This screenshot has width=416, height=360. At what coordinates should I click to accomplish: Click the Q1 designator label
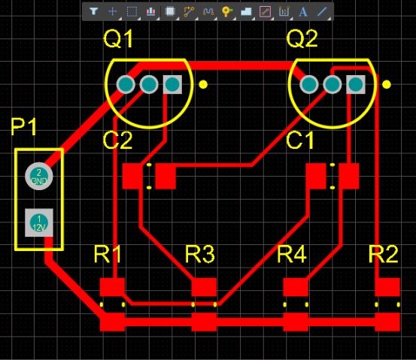tap(118, 38)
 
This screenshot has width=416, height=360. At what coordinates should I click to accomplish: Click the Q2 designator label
tap(302, 38)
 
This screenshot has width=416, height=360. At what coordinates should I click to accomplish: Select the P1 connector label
tap(23, 127)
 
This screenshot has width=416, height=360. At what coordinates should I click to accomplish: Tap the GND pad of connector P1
tap(39, 176)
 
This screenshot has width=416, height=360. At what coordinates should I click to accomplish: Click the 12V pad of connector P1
tap(39, 222)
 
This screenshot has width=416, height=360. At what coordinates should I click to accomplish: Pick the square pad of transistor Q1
tap(172, 84)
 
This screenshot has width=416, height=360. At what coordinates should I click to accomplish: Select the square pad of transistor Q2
tap(356, 84)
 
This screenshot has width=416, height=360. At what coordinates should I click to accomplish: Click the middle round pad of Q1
tap(149, 84)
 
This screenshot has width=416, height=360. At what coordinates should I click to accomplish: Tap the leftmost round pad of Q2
tap(309, 84)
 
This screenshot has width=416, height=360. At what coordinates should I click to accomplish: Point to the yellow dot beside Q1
tap(203, 85)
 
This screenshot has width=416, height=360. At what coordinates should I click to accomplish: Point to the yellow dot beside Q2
tap(387, 85)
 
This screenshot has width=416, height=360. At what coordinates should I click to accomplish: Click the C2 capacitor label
tap(117, 140)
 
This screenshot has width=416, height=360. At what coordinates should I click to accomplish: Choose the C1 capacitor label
tap(300, 140)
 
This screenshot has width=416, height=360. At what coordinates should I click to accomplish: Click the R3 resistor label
tap(199, 254)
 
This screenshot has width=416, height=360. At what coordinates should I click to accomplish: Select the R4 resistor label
tap(292, 254)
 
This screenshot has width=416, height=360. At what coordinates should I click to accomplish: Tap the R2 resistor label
tap(384, 254)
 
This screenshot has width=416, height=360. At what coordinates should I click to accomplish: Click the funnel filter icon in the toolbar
tap(93, 11)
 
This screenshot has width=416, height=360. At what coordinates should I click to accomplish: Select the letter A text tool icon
tap(303, 12)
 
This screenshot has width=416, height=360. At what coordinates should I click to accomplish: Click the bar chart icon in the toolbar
tap(150, 11)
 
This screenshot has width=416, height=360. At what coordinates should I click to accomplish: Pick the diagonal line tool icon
tap(322, 11)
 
